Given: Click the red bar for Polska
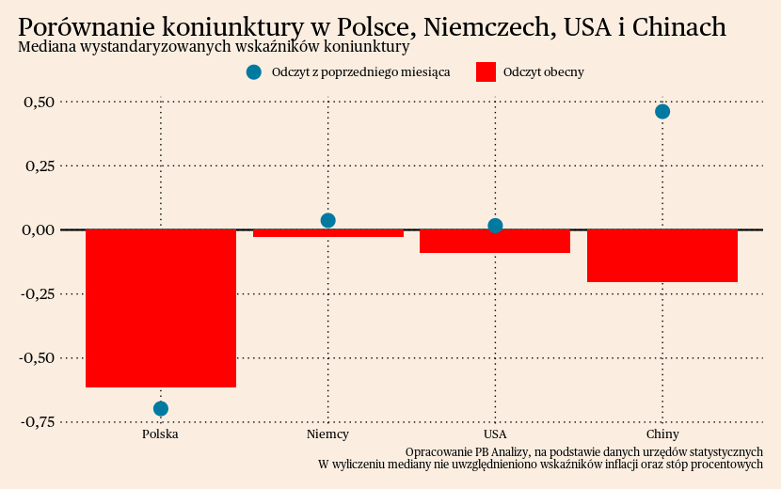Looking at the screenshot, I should [x=161, y=308].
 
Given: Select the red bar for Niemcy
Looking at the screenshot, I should [x=328, y=233].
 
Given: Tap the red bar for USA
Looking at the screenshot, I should [x=495, y=242].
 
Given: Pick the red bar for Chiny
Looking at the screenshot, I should [x=662, y=256].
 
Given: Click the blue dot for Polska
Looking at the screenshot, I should [x=161, y=408].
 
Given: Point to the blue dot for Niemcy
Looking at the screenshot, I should [x=328, y=221].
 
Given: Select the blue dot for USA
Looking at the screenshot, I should [x=495, y=226].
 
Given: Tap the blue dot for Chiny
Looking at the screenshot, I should [x=662, y=112].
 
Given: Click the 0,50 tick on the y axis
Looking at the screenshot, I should [x=39, y=102].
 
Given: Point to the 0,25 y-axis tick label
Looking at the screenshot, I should [x=39, y=166].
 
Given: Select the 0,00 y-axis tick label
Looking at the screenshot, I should [x=39, y=229].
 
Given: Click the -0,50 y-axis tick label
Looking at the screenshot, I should [x=36, y=357].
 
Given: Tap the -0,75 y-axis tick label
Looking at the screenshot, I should [x=36, y=421].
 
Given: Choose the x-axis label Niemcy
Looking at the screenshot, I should [x=328, y=434].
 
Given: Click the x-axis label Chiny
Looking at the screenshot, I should [x=662, y=434].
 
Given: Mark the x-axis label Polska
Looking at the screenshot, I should [x=161, y=434].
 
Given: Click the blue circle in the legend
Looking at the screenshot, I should [x=253, y=72].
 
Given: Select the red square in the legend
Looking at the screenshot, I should [x=486, y=72].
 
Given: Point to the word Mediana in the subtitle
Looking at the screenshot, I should [x=45, y=46].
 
